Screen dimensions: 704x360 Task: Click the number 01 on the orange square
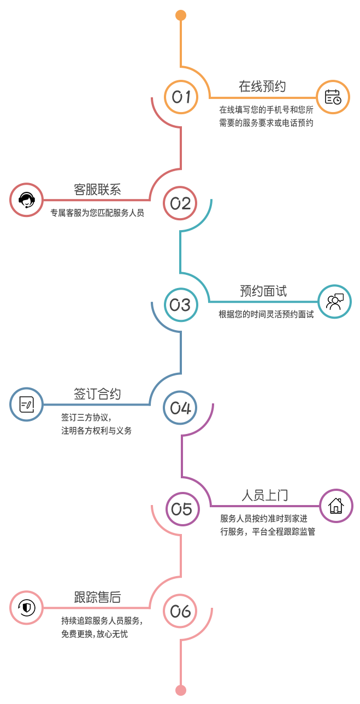tap(181, 97)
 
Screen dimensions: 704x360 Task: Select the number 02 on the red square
tap(181, 203)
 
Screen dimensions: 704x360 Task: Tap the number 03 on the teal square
tap(181, 305)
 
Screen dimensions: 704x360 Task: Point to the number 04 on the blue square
tap(181, 408)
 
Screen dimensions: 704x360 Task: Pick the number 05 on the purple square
tap(182, 509)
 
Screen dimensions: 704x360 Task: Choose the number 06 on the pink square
tap(181, 612)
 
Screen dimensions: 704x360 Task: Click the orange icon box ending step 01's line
tap(333, 97)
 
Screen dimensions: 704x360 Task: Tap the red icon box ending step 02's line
tap(27, 200)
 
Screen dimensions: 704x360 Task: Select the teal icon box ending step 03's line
tap(334, 302)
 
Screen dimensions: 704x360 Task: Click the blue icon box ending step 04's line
tap(27, 404)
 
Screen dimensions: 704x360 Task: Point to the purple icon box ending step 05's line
tap(336, 506)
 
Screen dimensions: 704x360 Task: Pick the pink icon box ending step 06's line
tap(27, 608)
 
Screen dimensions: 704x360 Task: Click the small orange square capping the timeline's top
tap(181, 16)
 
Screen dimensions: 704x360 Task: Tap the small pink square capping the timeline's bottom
tap(181, 690)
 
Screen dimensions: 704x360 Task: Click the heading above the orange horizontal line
tap(262, 86)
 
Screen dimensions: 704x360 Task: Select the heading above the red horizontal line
tap(97, 189)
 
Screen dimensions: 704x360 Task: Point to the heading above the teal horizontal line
tap(263, 291)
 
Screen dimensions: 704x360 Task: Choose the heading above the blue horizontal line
tap(97, 394)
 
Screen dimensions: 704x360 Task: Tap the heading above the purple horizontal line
tap(265, 495)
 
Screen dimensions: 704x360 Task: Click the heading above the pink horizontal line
tap(97, 597)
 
